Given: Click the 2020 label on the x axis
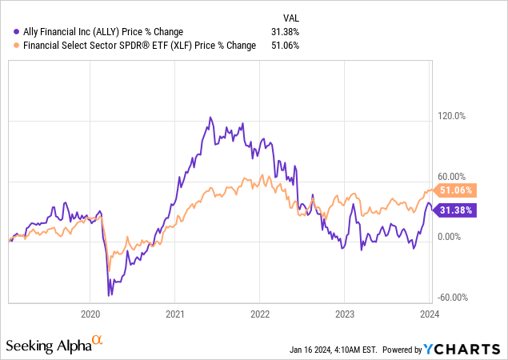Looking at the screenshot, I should click(90, 314).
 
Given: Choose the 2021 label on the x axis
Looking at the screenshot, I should click(175, 314).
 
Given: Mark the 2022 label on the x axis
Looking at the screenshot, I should click(260, 314).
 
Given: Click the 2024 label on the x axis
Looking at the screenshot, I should click(430, 314).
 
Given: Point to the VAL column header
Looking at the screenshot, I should click(293, 18).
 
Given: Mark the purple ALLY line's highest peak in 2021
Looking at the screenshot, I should click(210, 118).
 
